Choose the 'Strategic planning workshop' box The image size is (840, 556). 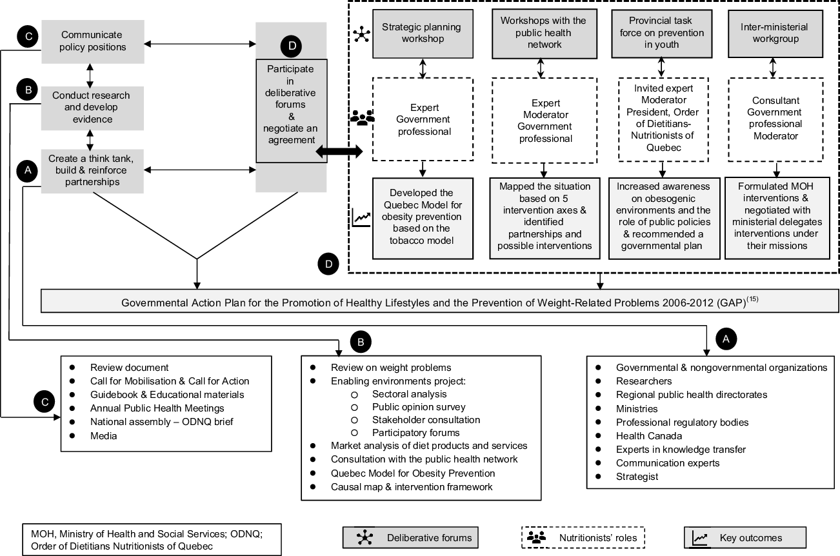coord(421,34)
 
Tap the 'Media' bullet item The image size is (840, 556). coord(103,436)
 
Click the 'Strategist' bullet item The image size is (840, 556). coord(637,477)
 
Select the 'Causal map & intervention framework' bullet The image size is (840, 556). coord(412,486)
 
